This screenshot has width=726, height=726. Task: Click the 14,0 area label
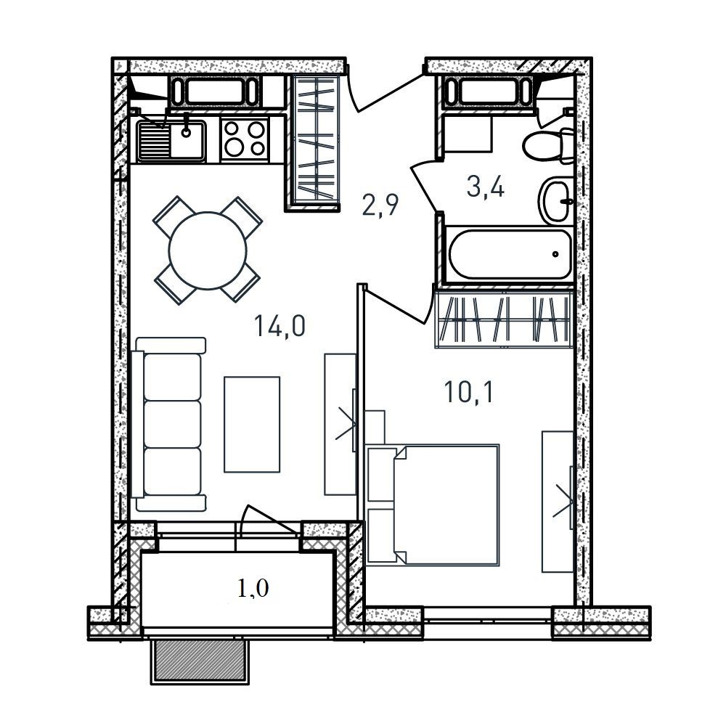point(280,325)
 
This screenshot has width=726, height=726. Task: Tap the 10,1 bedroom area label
point(468,392)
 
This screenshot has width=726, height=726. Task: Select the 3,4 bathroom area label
point(486,187)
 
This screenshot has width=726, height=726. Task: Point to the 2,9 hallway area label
point(380,205)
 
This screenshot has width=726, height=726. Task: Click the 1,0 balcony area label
point(253,589)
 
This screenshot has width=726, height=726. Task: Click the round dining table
point(208,250)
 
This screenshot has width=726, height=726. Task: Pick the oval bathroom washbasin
point(555,201)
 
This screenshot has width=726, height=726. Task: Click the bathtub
point(509,253)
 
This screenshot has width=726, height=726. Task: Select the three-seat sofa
point(169,424)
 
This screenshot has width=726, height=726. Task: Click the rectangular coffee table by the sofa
point(252,424)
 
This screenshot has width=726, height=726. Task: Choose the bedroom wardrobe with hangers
point(505,320)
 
